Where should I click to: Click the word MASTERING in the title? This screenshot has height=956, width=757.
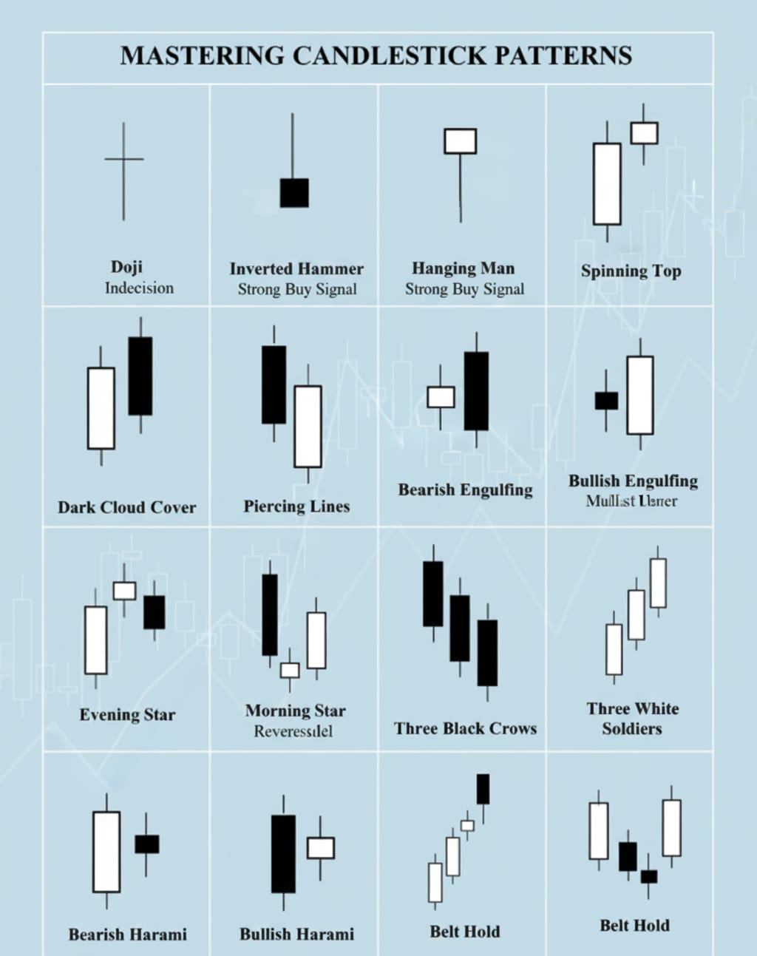(202, 56)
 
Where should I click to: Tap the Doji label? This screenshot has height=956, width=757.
(126, 267)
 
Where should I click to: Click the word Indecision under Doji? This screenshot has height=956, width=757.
(139, 288)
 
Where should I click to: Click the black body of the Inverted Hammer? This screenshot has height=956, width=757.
(294, 193)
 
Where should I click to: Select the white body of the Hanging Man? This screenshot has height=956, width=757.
(460, 141)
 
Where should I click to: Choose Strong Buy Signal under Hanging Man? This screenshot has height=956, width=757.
(464, 289)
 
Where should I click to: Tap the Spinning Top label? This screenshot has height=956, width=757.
(631, 271)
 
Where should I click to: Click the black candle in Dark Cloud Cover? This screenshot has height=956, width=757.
(140, 376)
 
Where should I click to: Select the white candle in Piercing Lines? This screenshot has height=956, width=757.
(308, 427)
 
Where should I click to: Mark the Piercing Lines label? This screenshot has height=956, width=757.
(296, 506)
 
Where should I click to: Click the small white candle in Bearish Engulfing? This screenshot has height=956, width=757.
(441, 397)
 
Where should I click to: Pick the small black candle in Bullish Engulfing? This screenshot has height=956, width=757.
(606, 401)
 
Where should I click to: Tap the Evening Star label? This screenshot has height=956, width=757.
(127, 715)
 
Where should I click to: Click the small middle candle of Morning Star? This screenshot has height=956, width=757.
(290, 670)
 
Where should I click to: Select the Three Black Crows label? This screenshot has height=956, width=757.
(465, 728)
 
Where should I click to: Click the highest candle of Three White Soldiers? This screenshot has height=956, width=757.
(658, 583)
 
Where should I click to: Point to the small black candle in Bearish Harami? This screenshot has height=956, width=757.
(146, 844)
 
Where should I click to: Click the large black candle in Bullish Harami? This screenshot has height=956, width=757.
(283, 854)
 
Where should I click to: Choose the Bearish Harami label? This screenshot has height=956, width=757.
(127, 935)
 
